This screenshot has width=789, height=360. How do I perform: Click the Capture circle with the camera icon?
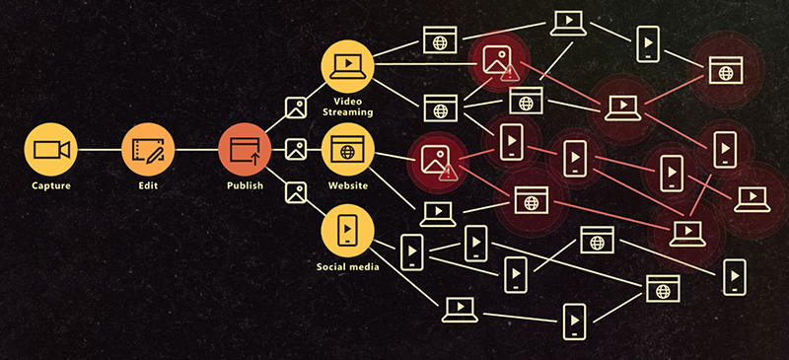[50, 150]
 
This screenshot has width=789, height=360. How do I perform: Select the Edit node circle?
[148, 150]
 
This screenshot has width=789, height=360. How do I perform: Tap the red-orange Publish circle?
[245, 150]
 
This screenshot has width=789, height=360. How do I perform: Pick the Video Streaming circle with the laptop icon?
[347, 65]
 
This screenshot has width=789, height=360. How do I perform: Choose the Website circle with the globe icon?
[347, 150]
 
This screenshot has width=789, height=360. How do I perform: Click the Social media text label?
[347, 266]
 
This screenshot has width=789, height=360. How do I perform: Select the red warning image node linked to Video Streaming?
[495, 61]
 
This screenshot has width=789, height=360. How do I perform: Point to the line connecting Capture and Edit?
[99, 150]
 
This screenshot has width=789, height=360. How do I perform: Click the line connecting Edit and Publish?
[196, 150]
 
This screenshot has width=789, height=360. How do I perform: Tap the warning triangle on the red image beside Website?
[449, 172]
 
